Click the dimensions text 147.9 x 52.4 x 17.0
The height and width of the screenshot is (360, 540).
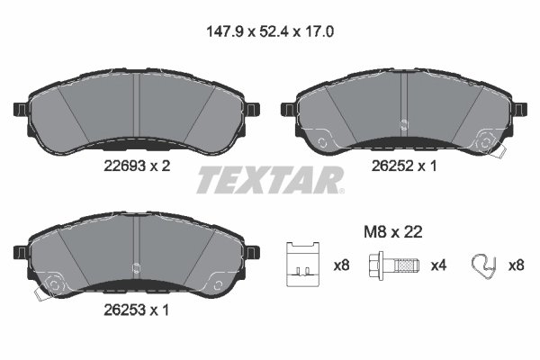(x=269, y=33)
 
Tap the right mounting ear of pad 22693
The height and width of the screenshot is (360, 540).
(x=252, y=110)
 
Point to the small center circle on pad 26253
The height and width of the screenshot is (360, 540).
(x=134, y=265)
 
